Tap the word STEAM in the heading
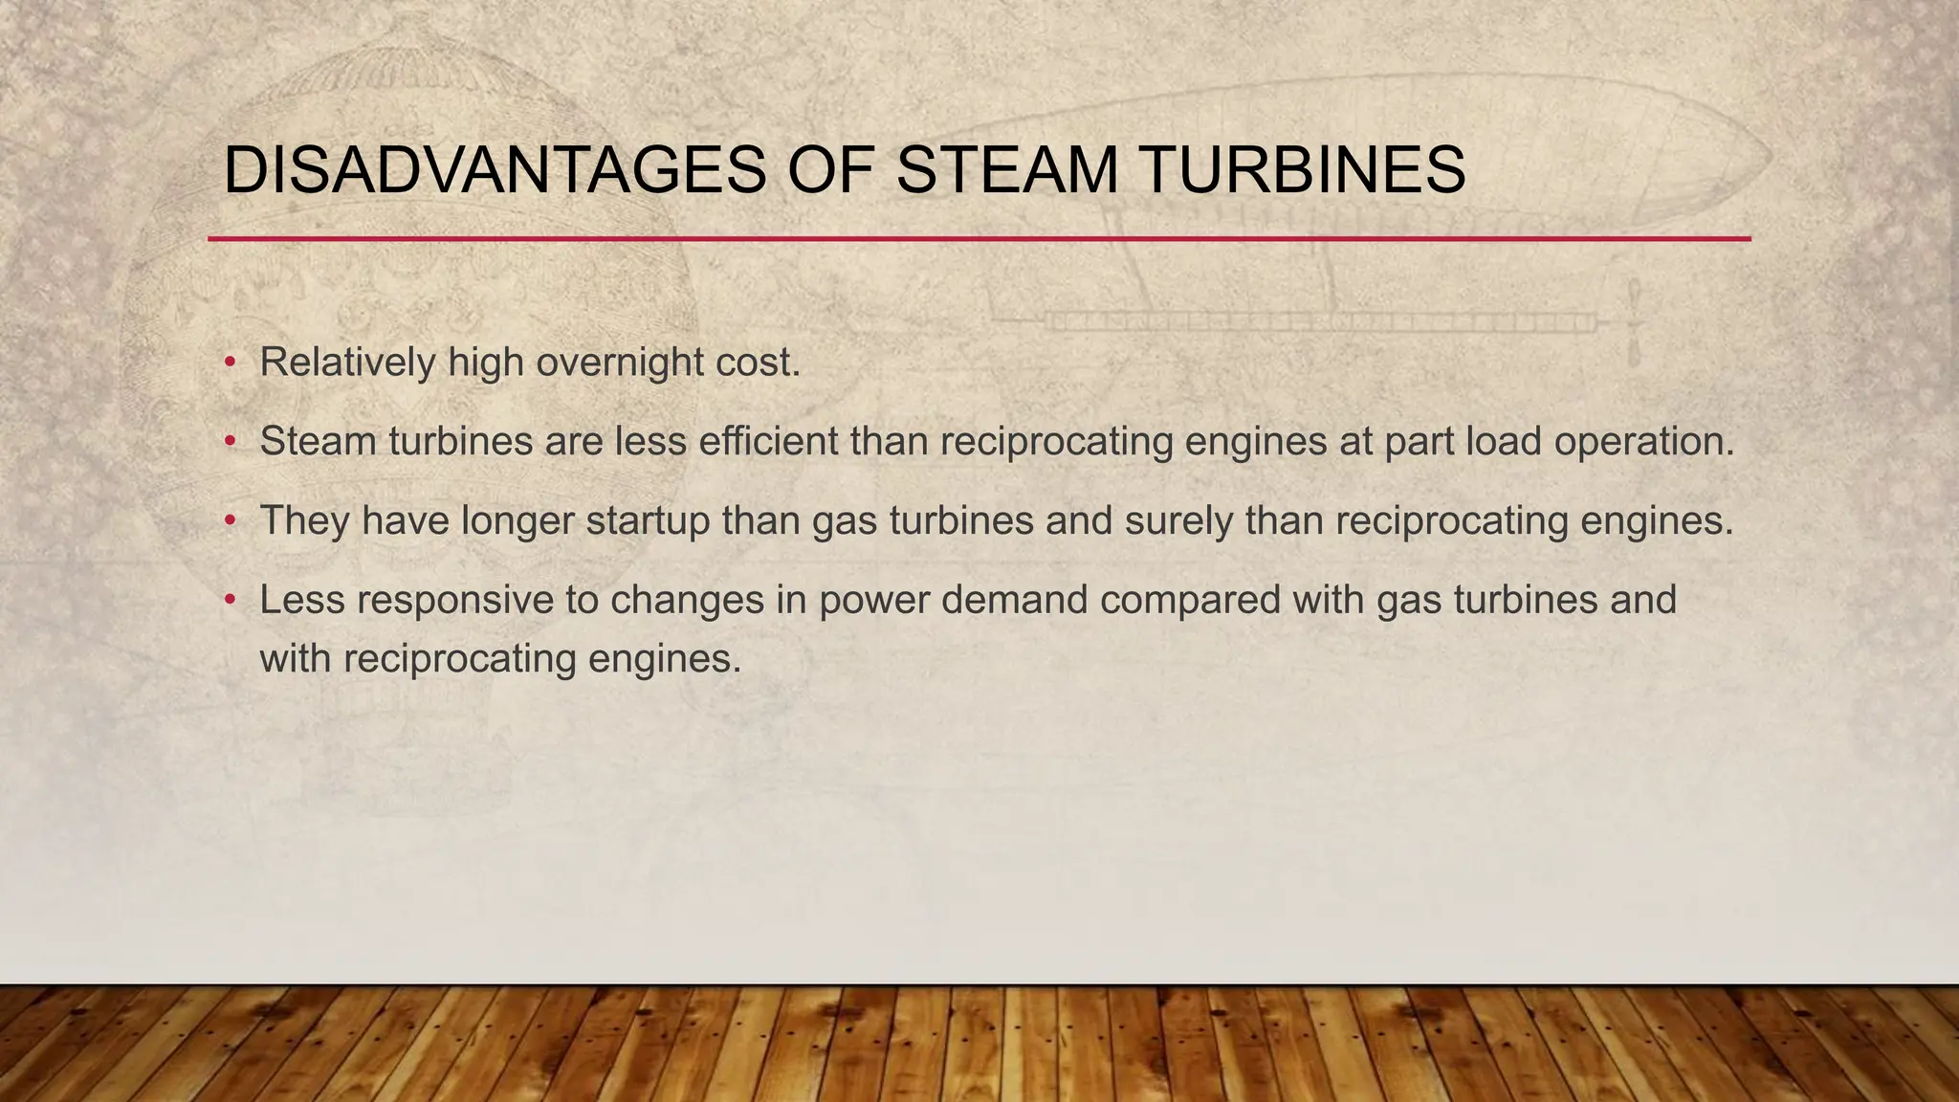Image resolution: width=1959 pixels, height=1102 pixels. click(x=1008, y=171)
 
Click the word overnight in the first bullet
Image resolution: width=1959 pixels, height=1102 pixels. click(x=620, y=363)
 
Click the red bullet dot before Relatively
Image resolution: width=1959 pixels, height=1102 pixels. click(x=230, y=364)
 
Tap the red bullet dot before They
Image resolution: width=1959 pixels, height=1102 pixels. click(x=230, y=521)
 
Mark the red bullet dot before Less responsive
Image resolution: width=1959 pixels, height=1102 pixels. click(x=230, y=601)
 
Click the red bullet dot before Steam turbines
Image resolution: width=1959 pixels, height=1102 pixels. click(x=230, y=442)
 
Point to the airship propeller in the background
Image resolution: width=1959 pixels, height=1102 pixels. click(x=1634, y=323)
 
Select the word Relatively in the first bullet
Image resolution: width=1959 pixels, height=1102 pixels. click(x=347, y=363)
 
